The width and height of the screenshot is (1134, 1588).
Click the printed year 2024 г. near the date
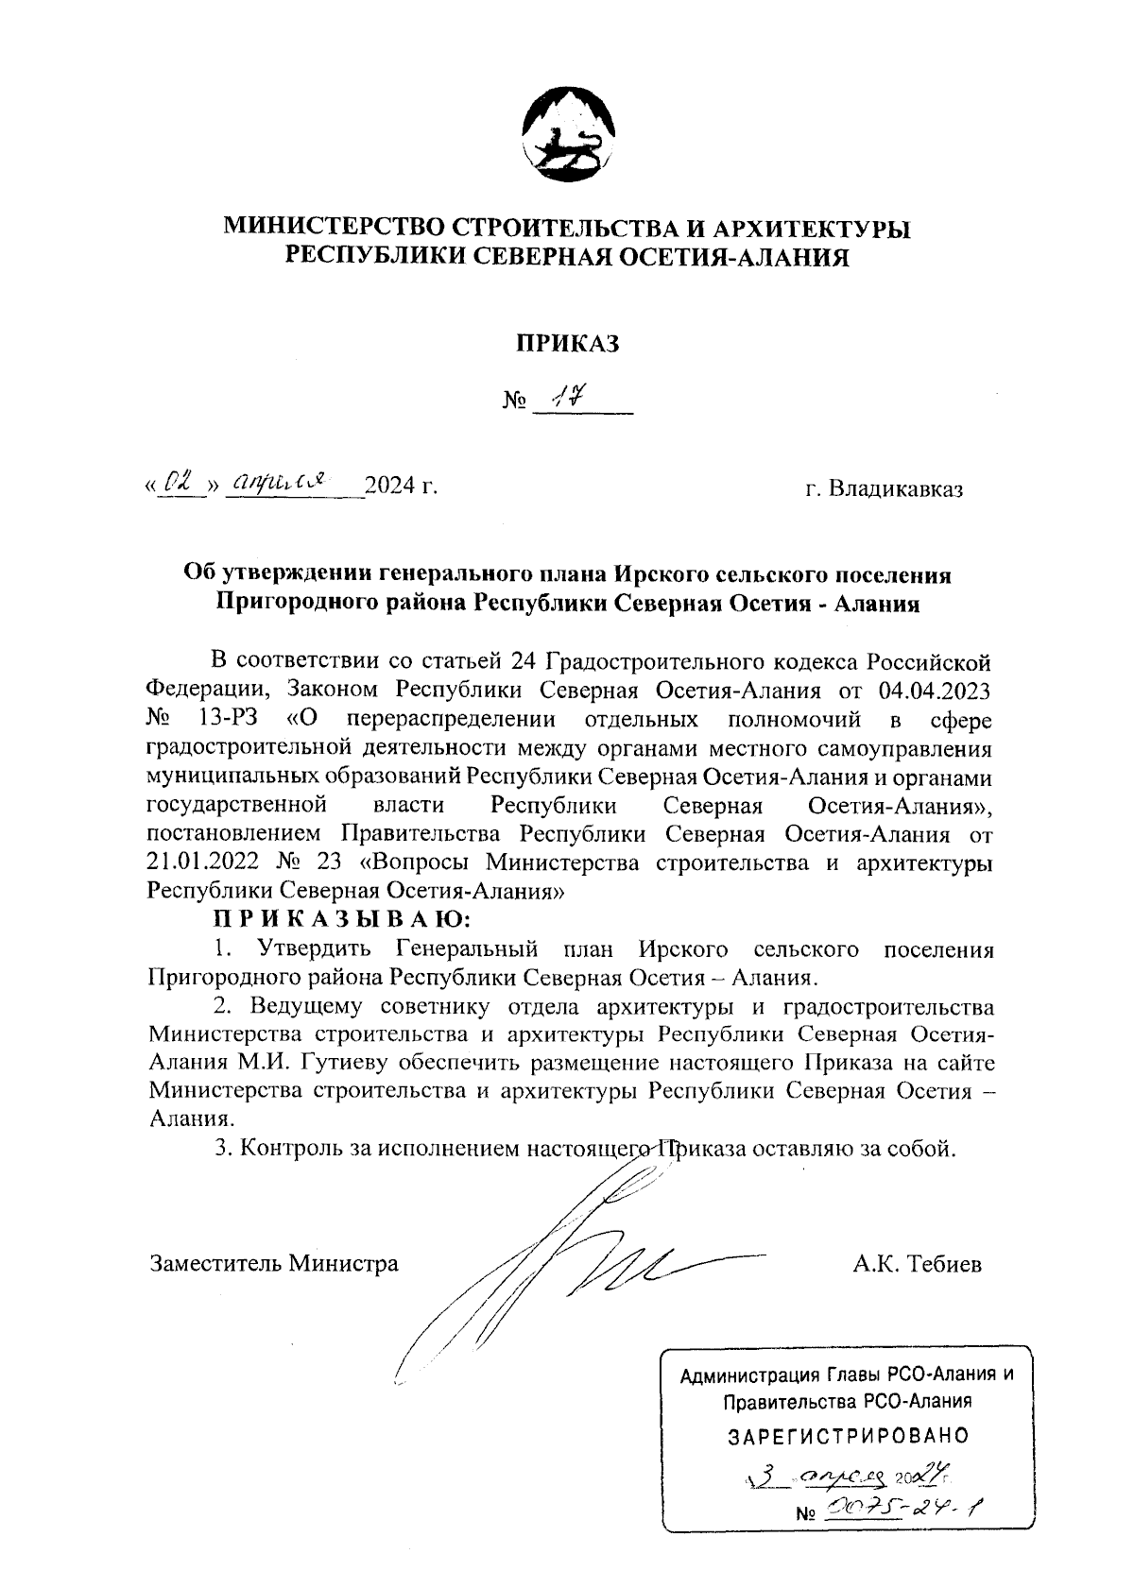tap(402, 487)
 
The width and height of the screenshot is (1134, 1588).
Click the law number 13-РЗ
tap(225, 720)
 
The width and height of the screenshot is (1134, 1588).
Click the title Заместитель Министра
tap(274, 1263)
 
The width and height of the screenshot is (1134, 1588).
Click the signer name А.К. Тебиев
tap(916, 1263)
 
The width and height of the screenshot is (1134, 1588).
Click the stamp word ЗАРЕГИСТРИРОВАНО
tap(848, 1437)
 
